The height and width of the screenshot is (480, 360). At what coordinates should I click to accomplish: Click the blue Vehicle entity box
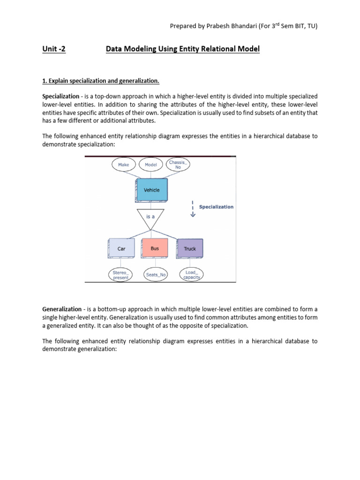tap(151, 190)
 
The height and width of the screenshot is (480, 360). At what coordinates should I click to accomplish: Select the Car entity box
tap(121, 248)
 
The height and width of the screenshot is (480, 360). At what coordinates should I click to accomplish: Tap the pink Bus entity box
tap(155, 248)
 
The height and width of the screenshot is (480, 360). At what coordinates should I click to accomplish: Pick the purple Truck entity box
tap(190, 248)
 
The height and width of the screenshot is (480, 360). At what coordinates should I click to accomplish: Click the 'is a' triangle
tap(150, 218)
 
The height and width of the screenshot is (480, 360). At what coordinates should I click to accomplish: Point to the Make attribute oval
tap(124, 165)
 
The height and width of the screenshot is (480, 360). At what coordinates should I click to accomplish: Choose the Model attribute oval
tap(151, 165)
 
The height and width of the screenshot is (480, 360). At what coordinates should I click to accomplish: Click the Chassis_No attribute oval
tap(178, 165)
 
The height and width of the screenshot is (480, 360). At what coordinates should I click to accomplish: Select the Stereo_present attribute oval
tap(120, 275)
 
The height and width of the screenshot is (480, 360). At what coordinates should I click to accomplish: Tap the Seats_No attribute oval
tap(156, 275)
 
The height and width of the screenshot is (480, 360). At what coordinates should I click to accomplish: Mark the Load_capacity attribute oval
tap(192, 275)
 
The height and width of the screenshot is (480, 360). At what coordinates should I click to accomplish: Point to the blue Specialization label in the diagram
tap(216, 207)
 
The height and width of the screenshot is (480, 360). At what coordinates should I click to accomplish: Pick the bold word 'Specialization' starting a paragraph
tap(60, 96)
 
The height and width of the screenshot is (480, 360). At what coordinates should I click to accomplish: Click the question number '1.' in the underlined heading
tap(45, 81)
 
